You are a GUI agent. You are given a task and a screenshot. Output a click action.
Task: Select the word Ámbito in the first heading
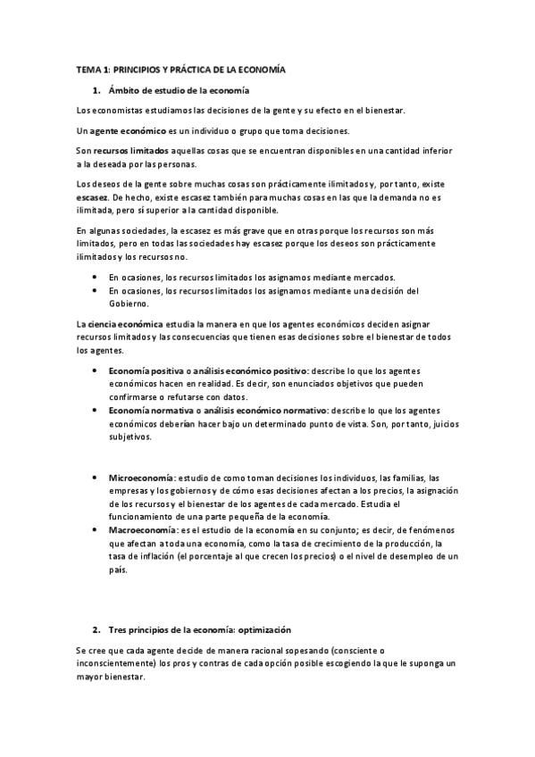[x=124, y=90]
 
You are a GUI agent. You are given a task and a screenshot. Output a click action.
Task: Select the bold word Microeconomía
[x=141, y=478]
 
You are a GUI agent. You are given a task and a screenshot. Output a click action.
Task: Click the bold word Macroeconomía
[x=142, y=530]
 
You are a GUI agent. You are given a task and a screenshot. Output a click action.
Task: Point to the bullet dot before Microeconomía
[x=96, y=478]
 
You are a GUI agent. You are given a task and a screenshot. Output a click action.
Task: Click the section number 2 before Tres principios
[x=96, y=630]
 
